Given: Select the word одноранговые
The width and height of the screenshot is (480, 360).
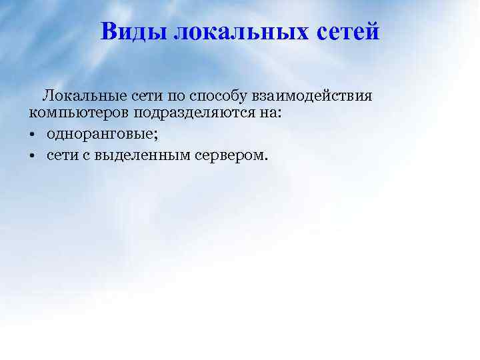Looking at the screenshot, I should pos(99,135).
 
